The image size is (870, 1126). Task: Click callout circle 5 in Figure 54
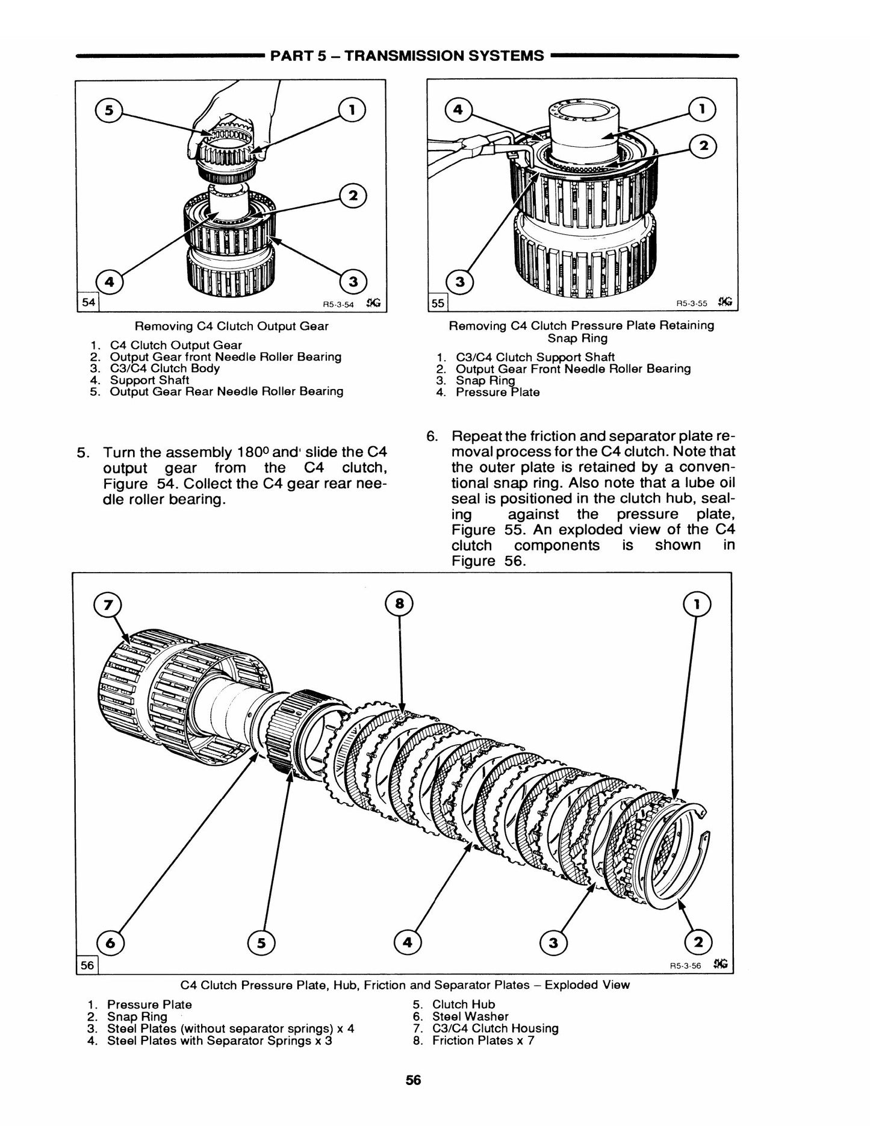[109, 110]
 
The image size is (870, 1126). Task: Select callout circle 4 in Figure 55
[459, 110]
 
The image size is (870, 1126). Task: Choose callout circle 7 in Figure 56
[108, 604]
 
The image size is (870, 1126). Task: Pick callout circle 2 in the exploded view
[698, 942]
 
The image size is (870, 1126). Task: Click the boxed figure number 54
[88, 302]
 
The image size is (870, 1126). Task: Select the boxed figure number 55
[437, 303]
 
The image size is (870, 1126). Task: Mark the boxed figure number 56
[87, 965]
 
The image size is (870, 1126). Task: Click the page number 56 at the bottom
[413, 1080]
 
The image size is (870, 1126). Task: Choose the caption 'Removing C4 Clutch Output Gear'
[232, 326]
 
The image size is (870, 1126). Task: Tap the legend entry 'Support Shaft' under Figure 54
[149, 380]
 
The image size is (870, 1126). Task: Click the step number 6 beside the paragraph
[432, 435]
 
